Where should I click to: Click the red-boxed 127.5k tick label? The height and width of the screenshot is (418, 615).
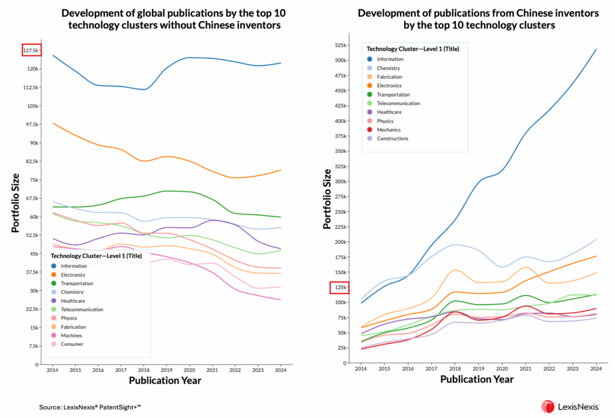coord(31,50)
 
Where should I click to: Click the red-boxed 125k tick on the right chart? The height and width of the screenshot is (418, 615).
coord(339,288)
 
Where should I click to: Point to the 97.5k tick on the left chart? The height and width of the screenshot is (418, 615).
coord(31,124)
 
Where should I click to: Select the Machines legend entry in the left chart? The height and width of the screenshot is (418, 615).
coord(70,335)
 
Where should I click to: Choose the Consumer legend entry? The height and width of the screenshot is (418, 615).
coord(71,344)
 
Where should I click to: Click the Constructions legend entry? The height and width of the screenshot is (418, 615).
coord(392,139)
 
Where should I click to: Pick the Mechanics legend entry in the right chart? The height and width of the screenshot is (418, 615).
coord(389,130)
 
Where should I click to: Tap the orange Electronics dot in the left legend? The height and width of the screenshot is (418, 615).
coord(53,274)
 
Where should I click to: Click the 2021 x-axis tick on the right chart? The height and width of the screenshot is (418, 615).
coord(526,368)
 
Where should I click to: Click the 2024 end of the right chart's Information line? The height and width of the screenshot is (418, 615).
coord(596,49)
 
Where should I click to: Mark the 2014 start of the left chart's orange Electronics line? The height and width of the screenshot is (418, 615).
coord(53,123)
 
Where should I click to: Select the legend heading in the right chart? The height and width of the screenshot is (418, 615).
coord(413,49)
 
